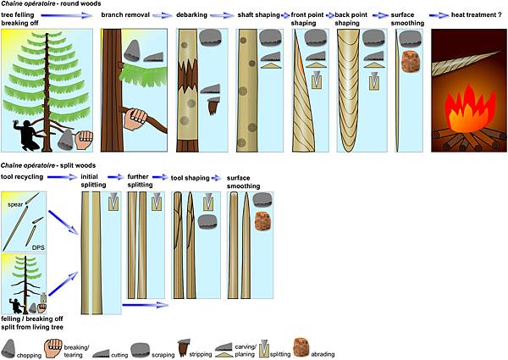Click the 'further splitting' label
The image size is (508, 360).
140,180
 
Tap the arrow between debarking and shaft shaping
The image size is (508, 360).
218,15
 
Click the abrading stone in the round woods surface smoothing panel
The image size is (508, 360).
411,63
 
